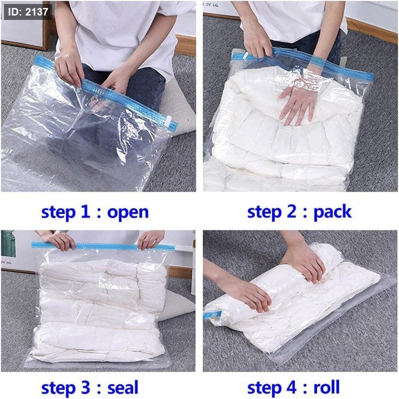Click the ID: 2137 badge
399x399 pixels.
click(28, 12)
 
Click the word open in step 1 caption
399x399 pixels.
click(128, 213)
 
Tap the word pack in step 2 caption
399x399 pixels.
click(332, 212)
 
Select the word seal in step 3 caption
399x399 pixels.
click(123, 387)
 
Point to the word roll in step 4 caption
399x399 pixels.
click(326, 387)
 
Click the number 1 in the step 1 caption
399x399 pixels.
click(86, 211)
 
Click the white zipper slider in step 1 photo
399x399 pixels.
click(168, 120)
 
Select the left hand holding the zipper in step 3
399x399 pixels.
click(60, 240)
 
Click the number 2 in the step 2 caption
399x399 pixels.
click(292, 211)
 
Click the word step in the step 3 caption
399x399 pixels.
click(59, 388)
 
